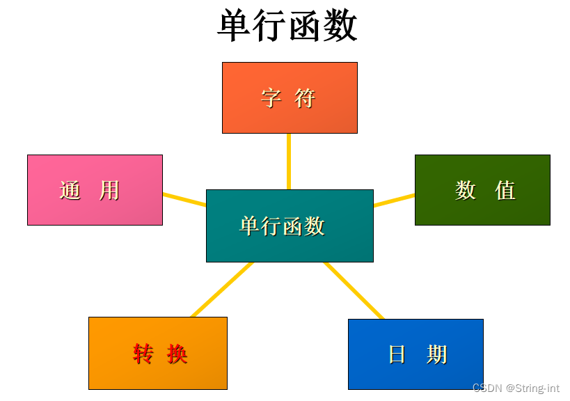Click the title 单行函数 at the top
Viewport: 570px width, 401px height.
[287, 26]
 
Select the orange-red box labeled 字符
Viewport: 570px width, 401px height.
[290, 97]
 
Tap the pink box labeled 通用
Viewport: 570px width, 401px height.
[95, 190]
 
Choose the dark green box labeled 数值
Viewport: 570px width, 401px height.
[482, 190]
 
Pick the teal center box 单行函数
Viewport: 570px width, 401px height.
[290, 226]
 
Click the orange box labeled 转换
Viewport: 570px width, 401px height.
[158, 353]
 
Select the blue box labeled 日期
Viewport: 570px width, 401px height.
[415, 354]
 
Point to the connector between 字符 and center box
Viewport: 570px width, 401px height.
[289, 161]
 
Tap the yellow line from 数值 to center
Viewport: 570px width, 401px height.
[394, 200]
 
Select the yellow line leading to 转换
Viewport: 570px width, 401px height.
[221, 290]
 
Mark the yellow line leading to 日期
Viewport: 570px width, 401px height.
[354, 290]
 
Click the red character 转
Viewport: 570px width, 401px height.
[143, 354]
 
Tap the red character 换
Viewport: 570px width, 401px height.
[177, 354]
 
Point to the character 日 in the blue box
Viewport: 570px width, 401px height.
[397, 354]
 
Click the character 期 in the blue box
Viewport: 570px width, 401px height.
[436, 354]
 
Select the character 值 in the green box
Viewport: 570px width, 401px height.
[505, 190]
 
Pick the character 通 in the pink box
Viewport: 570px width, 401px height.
[70, 190]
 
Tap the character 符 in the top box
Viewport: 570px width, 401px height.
[305, 98]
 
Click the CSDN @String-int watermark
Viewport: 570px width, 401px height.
[516, 387]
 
